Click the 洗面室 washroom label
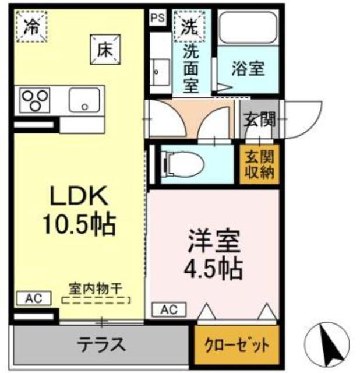click(x=190, y=68)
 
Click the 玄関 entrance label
click(x=259, y=121)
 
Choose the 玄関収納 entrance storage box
click(x=258, y=164)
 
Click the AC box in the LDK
click(x=33, y=298)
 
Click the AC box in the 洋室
click(x=168, y=309)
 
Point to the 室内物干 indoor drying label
click(x=95, y=289)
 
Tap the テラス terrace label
click(x=101, y=344)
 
